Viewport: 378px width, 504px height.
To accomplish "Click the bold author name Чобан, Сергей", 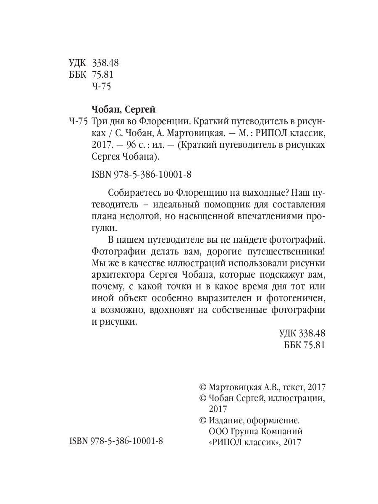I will coord(123,110).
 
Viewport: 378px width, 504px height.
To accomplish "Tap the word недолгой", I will coord(136,216).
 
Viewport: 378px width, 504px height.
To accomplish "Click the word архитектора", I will coord(117,275).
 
